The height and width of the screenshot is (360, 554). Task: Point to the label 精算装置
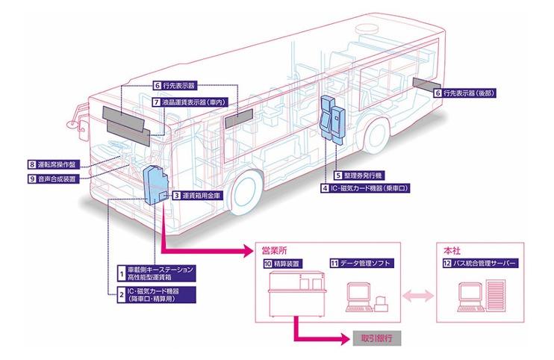coord(288,264)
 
